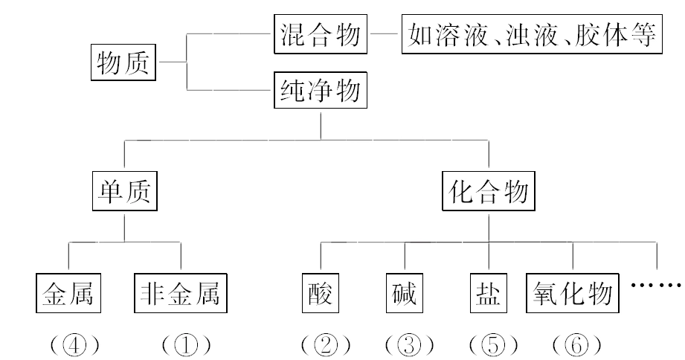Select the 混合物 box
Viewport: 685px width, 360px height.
[x=321, y=34]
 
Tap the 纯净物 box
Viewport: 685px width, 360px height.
[x=321, y=91]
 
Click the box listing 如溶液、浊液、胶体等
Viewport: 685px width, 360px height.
[x=532, y=34]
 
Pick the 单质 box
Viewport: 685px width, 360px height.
[x=124, y=192]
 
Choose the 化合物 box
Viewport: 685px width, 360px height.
[x=489, y=192]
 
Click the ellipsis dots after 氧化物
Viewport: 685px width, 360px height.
[x=657, y=286]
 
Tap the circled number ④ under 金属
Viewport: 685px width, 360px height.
[x=74, y=344]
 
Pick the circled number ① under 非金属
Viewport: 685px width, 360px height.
[x=187, y=344]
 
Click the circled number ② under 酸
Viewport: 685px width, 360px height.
[x=325, y=344]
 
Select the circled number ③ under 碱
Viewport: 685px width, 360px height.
[x=410, y=344]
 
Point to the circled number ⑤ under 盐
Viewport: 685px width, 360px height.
[x=494, y=344]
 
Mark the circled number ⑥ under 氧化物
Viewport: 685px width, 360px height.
[x=578, y=344]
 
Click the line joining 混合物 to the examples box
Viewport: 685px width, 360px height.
[x=385, y=34]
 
